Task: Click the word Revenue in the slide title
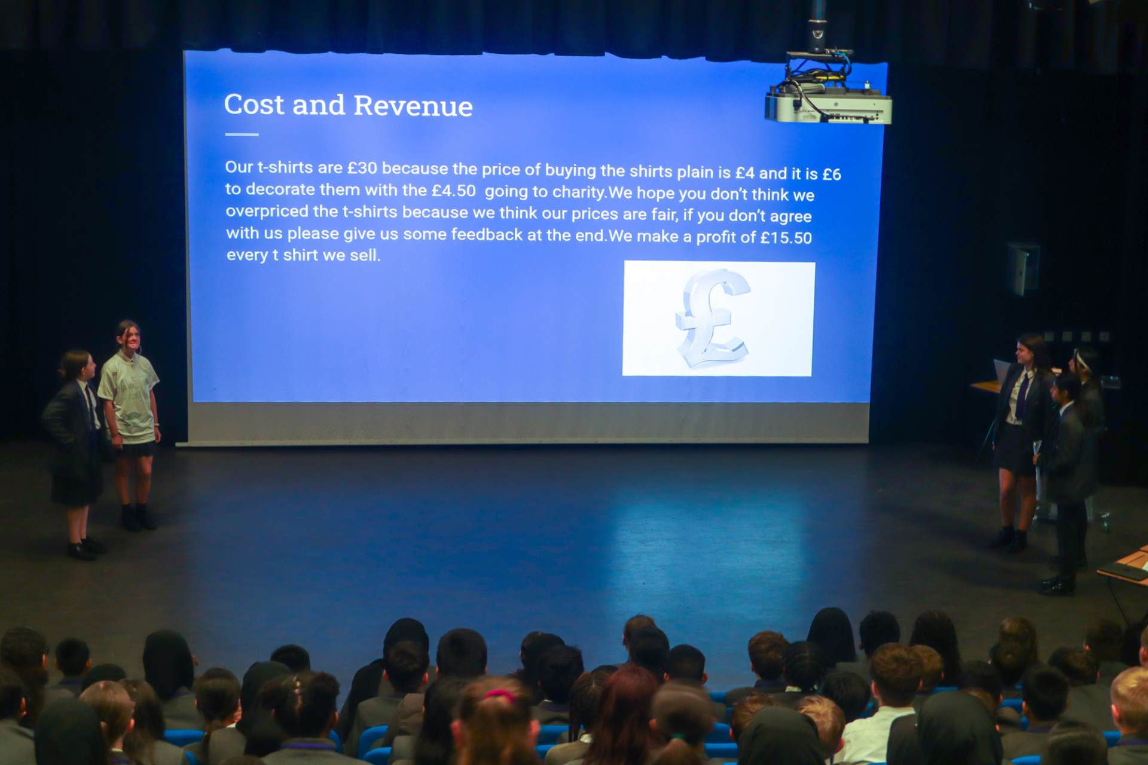[x=413, y=106]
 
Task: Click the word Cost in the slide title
[x=254, y=104]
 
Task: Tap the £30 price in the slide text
[x=362, y=168]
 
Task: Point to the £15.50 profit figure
[x=786, y=237]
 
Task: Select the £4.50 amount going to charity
[x=454, y=191]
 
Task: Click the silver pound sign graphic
[x=713, y=319]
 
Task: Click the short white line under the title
[x=242, y=134]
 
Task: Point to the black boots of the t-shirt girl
[x=138, y=518]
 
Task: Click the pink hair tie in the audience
[x=500, y=695]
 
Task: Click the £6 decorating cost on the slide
[x=832, y=174]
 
